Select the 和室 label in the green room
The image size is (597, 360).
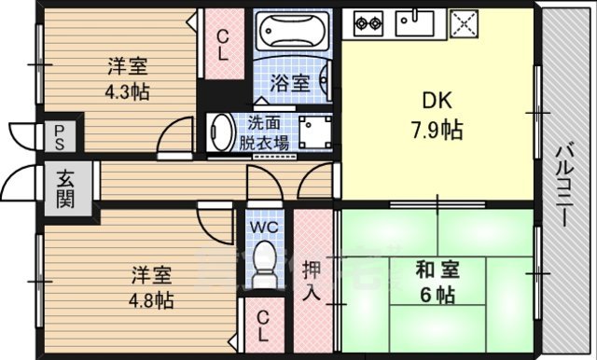pyautogui.click(x=435, y=270)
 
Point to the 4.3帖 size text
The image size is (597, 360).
pyautogui.click(x=128, y=92)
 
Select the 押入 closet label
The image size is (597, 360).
pyautogui.click(x=313, y=279)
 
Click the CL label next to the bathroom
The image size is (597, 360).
pyautogui.click(x=223, y=46)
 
